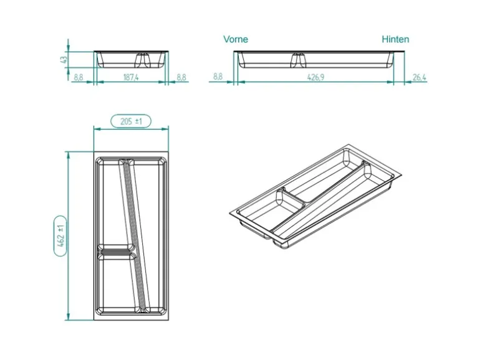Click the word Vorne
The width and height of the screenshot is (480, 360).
pyautogui.click(x=236, y=39)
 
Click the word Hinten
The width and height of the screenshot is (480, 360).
pyautogui.click(x=395, y=39)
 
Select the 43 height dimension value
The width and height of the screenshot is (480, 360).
pyautogui.click(x=63, y=60)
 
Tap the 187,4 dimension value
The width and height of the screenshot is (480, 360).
pyautogui.click(x=131, y=77)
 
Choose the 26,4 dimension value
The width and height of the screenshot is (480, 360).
pyautogui.click(x=419, y=77)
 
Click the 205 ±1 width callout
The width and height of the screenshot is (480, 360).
pyautogui.click(x=131, y=121)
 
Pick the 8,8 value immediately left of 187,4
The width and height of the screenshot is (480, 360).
pyautogui.click(x=79, y=77)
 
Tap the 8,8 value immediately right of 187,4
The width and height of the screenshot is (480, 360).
pyautogui.click(x=181, y=77)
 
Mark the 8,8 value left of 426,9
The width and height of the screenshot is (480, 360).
pyautogui.click(x=218, y=77)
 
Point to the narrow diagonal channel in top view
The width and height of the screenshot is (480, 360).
pyautogui.click(x=132, y=237)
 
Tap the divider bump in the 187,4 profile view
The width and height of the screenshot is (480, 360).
pyautogui.click(x=143, y=60)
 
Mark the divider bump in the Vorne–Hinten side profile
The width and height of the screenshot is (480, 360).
pyautogui.click(x=297, y=60)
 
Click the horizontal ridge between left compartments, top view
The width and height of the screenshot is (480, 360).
pyautogui.click(x=115, y=253)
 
